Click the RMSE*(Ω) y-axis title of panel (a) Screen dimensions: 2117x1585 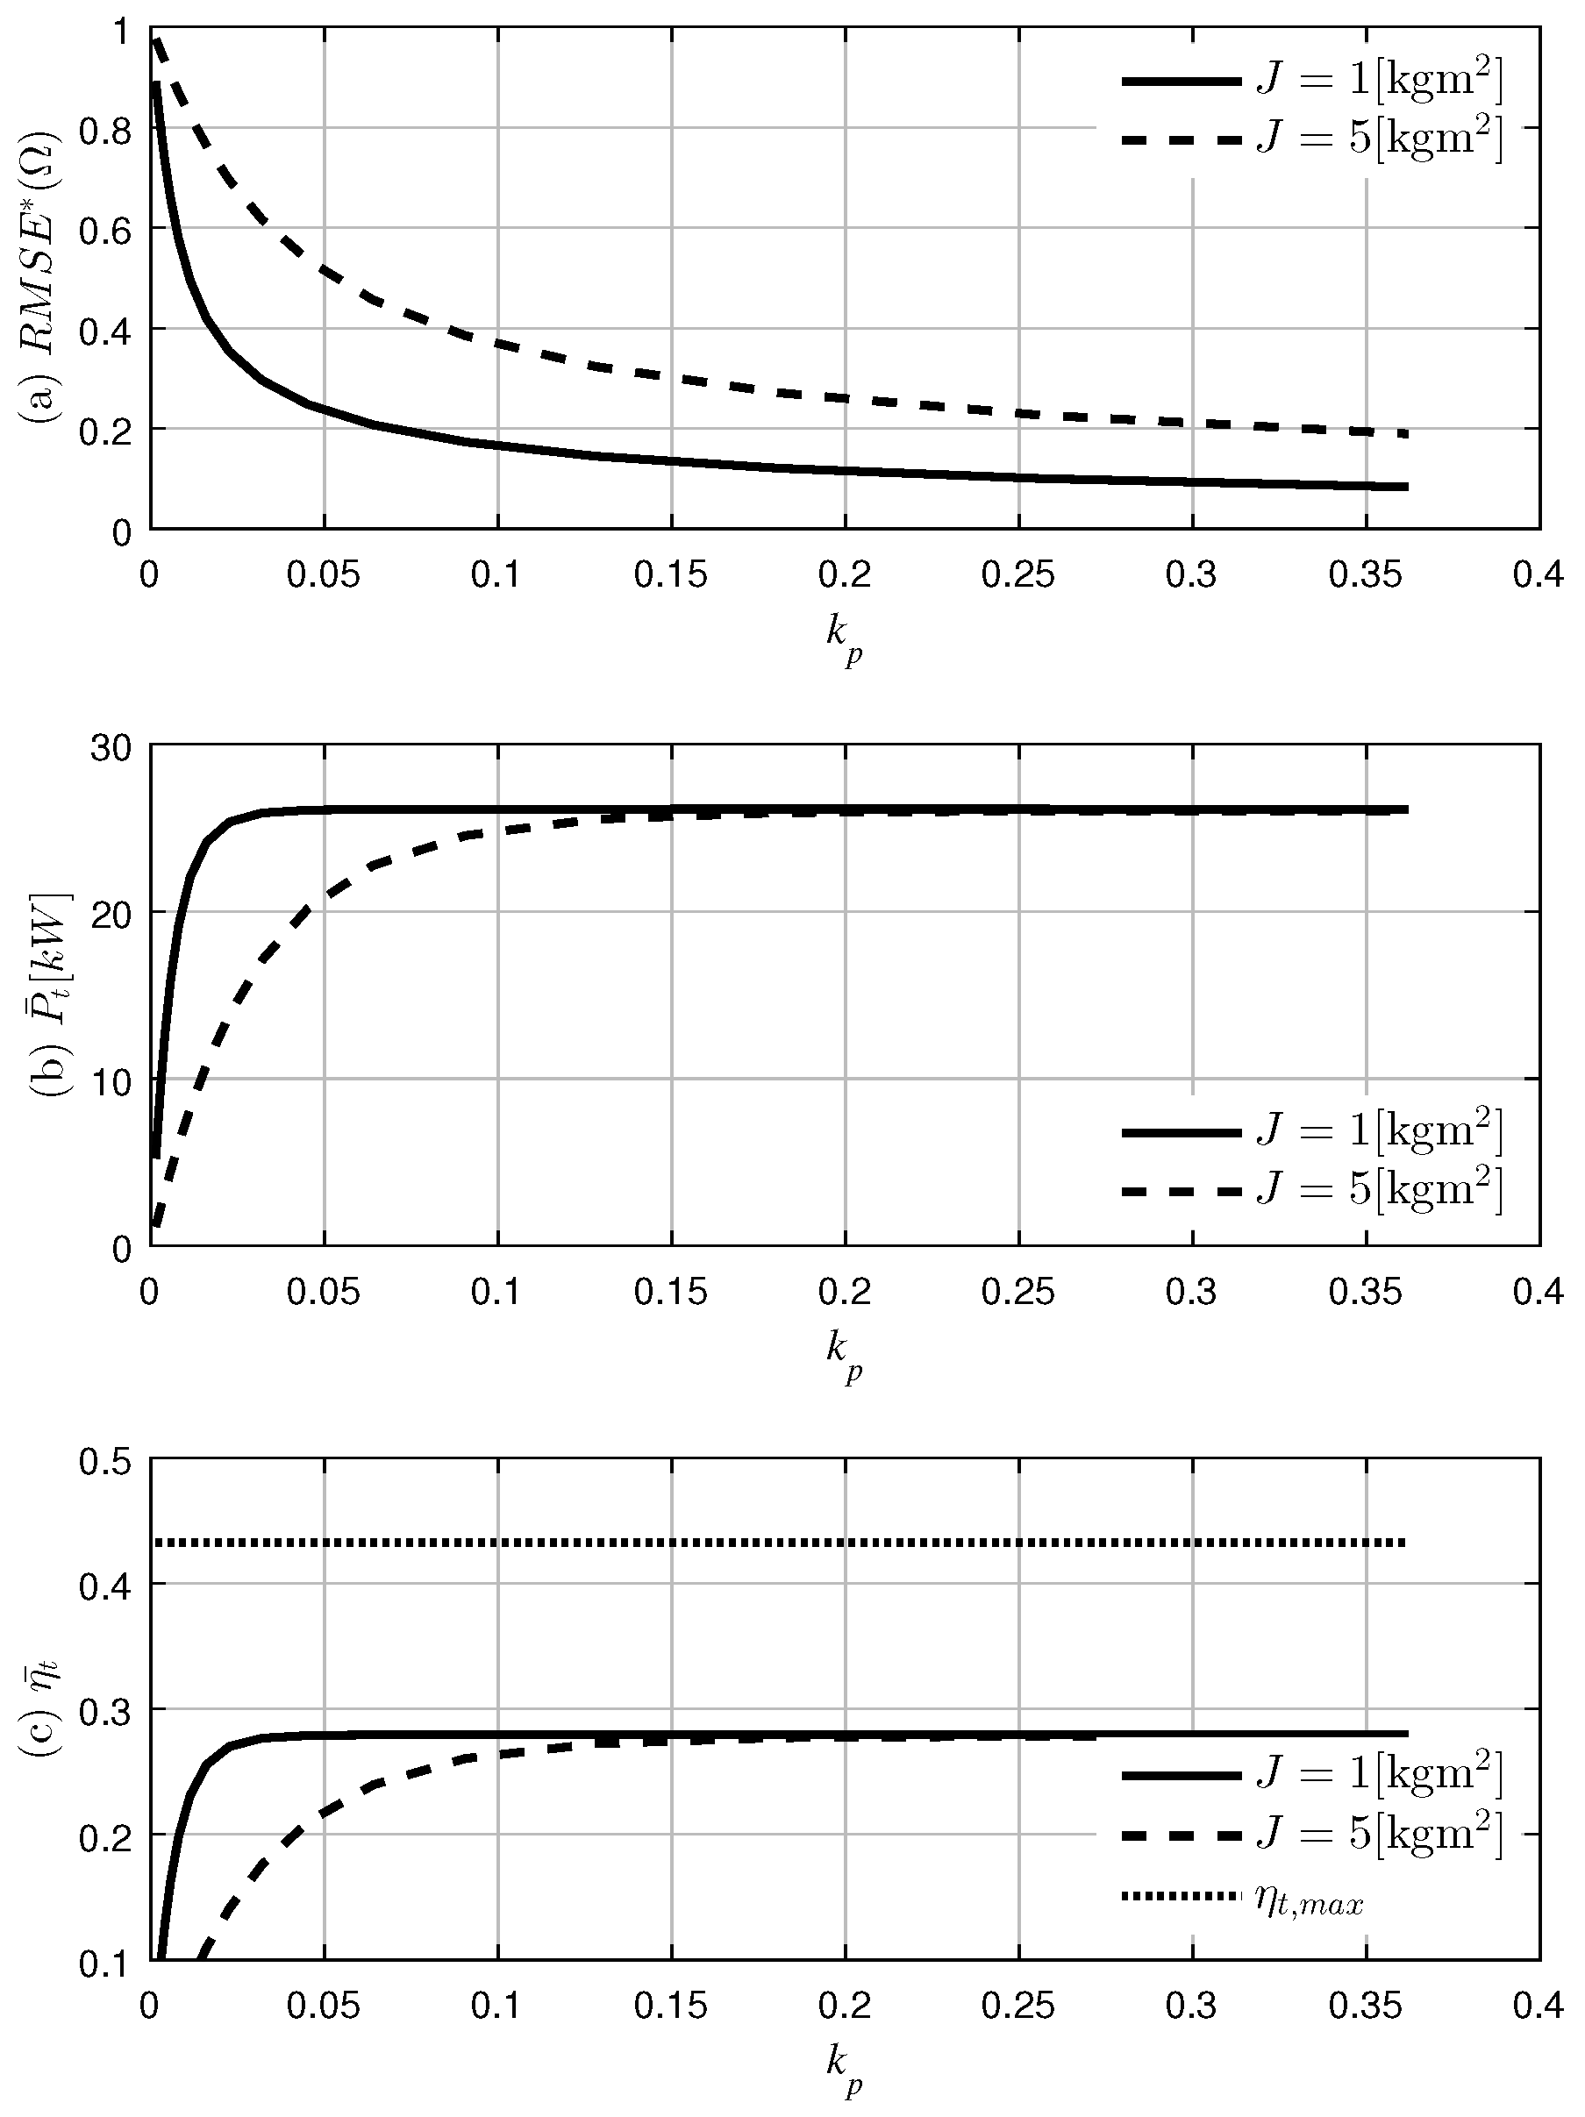40,277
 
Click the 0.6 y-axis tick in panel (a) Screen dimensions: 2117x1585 105,229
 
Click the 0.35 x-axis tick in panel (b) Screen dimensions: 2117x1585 1365,1293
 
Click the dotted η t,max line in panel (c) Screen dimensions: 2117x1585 766,1543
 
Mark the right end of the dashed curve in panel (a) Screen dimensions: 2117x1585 1406,434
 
